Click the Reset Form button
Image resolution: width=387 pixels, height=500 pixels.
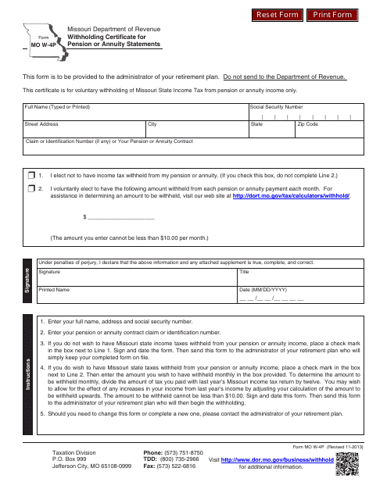point(278,15)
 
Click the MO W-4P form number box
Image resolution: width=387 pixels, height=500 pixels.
point(34,45)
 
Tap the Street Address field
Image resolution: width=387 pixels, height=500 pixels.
point(83,129)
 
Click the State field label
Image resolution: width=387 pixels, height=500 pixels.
point(256,124)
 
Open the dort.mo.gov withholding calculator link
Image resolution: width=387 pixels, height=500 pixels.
point(292,196)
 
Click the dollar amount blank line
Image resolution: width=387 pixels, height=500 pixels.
point(121,218)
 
